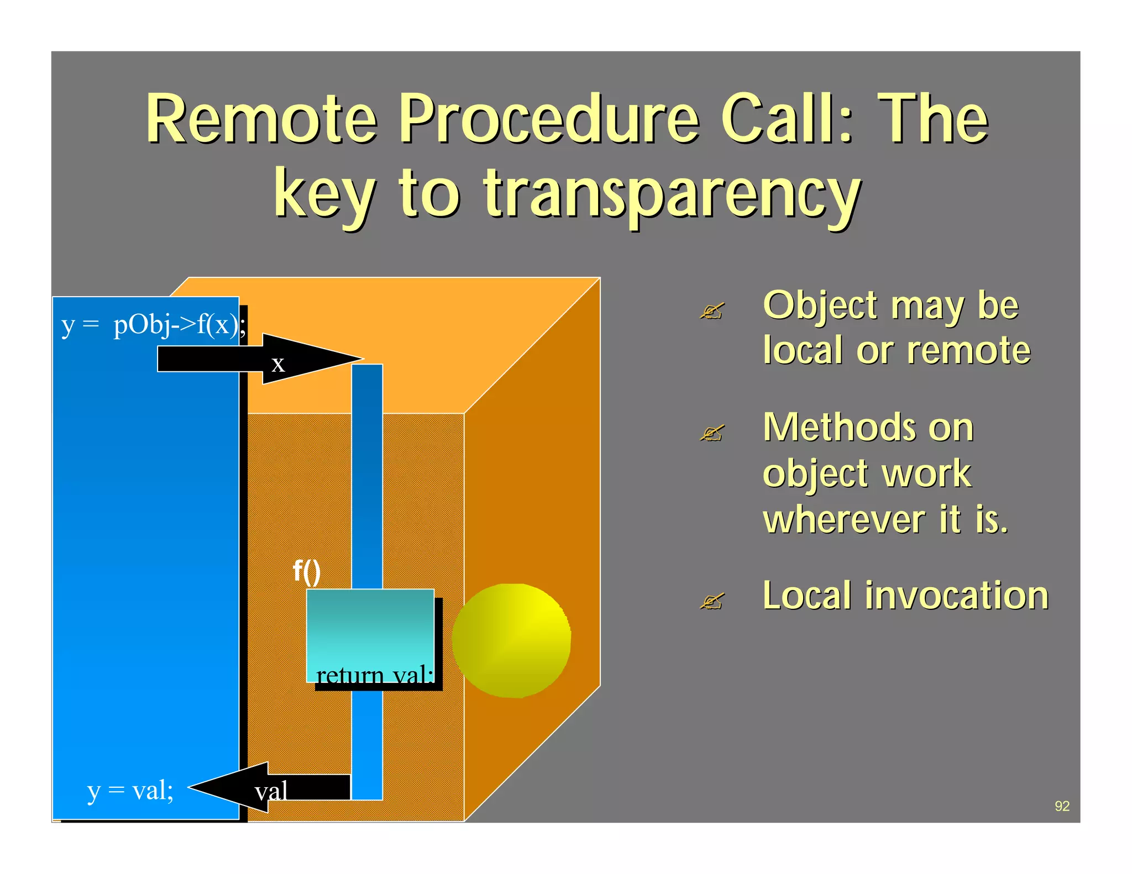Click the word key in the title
[325, 194]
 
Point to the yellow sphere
[511, 641]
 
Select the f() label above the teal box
[307, 571]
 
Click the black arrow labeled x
[260, 359]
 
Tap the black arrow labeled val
[265, 787]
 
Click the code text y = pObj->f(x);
[154, 325]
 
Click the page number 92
[1062, 805]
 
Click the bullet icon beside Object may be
[711, 311]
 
